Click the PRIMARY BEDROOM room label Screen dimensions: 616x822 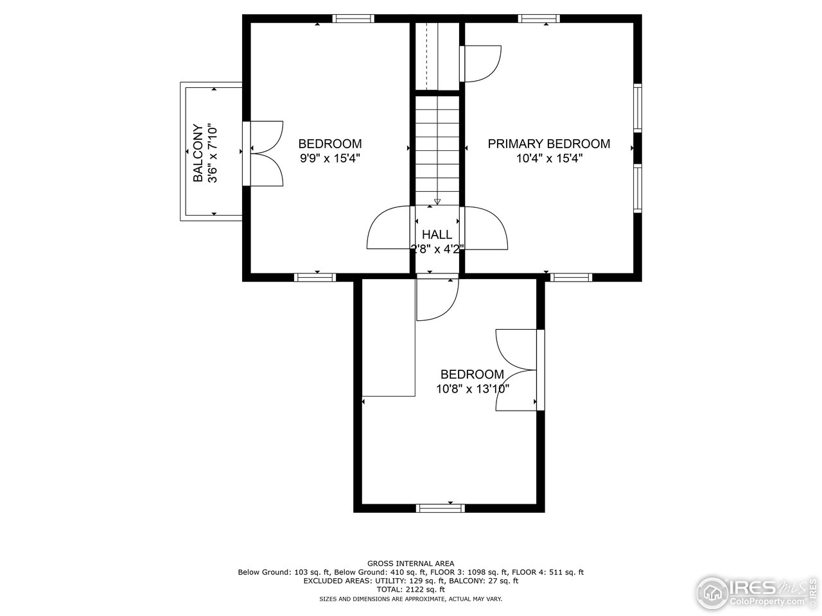[x=548, y=144]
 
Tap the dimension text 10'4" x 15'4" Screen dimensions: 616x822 [x=548, y=159]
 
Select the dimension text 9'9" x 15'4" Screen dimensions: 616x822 [x=329, y=159]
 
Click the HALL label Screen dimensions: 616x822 [x=437, y=235]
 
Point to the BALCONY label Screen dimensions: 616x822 [x=198, y=153]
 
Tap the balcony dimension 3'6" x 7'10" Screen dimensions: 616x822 [x=214, y=153]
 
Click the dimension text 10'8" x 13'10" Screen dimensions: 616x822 [x=472, y=389]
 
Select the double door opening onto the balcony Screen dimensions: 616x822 [x=265, y=154]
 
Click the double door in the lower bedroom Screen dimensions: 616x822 [x=517, y=370]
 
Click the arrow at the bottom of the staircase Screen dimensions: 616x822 [x=437, y=201]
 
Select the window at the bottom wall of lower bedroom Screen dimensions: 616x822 [x=441, y=508]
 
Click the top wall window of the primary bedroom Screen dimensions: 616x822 [x=539, y=19]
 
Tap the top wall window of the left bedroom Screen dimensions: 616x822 [x=353, y=19]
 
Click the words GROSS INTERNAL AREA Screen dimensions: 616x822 [x=410, y=563]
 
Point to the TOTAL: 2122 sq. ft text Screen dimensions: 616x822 [x=410, y=589]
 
